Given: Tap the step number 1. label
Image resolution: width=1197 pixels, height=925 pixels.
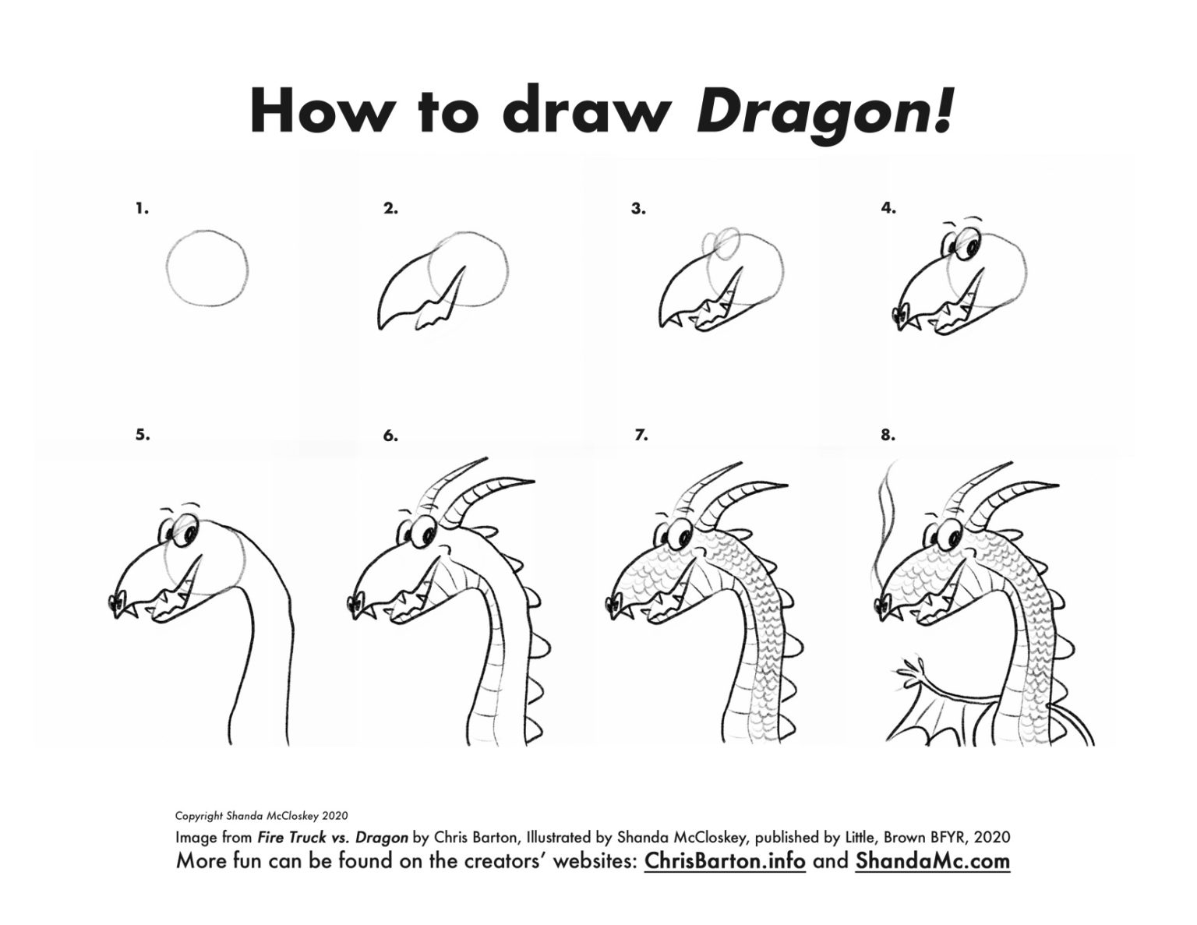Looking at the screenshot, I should tap(142, 209).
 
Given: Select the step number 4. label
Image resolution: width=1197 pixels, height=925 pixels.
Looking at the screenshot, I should tap(888, 208).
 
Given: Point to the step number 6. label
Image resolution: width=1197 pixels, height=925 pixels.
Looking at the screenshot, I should tap(390, 436).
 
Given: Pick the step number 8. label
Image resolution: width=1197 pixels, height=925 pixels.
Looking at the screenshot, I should tap(888, 436).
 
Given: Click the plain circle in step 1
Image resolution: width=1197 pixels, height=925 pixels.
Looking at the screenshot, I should tap(207, 269).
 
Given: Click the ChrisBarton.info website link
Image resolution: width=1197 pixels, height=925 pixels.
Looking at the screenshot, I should tap(725, 861).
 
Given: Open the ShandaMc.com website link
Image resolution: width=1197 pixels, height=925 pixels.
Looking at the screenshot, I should tap(932, 861).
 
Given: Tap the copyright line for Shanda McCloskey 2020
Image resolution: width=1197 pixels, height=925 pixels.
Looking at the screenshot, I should tap(261, 817).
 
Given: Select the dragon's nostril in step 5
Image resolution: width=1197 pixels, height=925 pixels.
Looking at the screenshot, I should tap(118, 602).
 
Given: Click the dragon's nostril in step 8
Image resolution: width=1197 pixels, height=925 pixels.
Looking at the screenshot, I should tap(885, 601).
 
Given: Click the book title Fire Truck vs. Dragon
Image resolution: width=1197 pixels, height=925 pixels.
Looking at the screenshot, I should tap(332, 839).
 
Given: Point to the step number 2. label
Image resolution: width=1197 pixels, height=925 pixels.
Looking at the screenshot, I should tap(390, 209).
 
